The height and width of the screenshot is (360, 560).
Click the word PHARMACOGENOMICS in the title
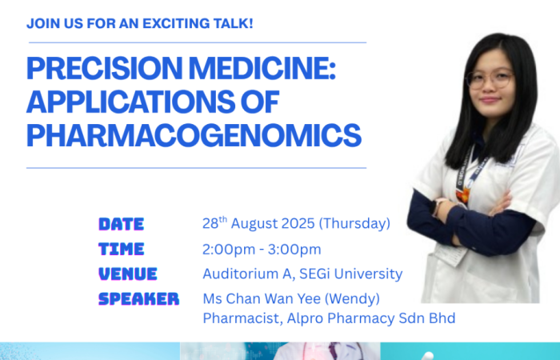194,135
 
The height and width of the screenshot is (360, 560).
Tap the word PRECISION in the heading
105,68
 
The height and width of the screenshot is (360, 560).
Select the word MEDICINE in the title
262,68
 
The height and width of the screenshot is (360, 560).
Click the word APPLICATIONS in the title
130,102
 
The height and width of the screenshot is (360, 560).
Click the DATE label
122,224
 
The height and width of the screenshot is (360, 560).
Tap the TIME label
122,249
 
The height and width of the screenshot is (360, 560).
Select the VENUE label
128,274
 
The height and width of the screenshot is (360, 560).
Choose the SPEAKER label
138,299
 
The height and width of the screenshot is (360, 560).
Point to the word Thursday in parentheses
354,223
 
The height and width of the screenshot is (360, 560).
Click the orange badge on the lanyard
463,195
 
